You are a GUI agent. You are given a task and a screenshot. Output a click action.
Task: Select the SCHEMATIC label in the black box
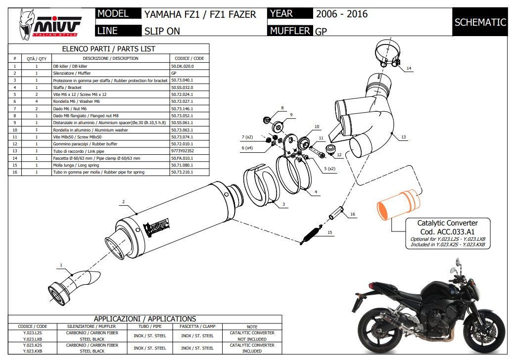point(480,22)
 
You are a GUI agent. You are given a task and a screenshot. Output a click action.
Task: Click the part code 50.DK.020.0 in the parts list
point(182,66)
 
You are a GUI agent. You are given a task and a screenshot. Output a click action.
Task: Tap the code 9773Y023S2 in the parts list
point(182,151)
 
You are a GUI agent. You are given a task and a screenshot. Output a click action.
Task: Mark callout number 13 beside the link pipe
point(403,137)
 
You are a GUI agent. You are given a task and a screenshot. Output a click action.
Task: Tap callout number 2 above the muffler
point(123,201)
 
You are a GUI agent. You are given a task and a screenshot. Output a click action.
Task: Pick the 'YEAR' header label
point(281,14)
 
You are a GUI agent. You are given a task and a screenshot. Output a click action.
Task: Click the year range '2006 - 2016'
point(342,14)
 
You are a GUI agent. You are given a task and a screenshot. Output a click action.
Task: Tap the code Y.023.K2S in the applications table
point(32,345)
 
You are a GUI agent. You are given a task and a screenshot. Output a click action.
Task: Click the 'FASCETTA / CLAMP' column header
point(197,326)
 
